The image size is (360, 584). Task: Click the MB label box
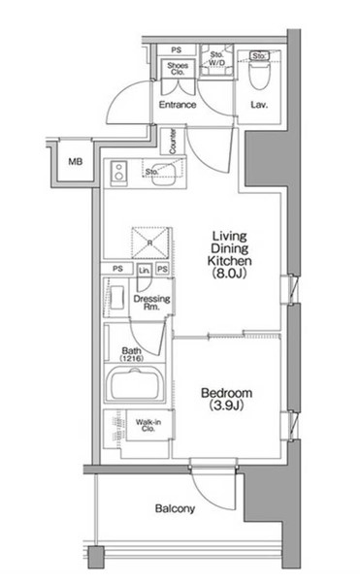(75, 160)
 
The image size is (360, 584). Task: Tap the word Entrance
(178, 105)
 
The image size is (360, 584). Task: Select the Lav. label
(259, 105)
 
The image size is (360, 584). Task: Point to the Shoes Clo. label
(177, 69)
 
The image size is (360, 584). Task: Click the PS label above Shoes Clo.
(177, 49)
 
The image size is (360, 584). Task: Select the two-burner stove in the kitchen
(121, 175)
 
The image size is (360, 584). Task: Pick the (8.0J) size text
(232, 275)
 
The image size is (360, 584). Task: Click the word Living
(232, 236)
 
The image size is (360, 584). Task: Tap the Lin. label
(144, 269)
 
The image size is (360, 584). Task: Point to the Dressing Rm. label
(151, 304)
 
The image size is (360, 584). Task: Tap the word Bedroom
(226, 393)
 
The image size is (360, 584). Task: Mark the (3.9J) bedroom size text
(226, 406)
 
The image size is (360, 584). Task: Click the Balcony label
(175, 508)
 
